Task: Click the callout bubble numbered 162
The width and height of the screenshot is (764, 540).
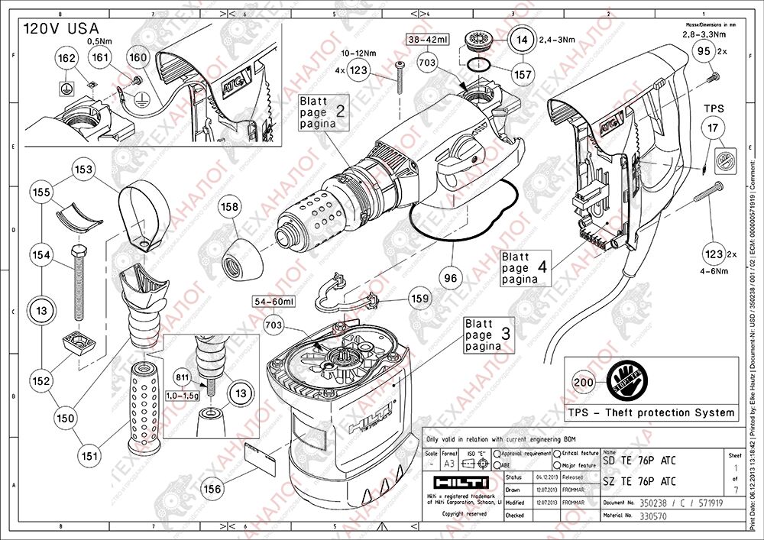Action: (66, 59)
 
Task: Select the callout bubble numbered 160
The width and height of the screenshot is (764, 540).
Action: (138, 57)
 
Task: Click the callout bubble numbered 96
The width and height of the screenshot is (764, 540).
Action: (451, 279)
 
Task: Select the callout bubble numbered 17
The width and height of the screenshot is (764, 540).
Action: (714, 129)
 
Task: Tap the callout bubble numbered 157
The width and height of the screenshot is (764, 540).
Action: (523, 75)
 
